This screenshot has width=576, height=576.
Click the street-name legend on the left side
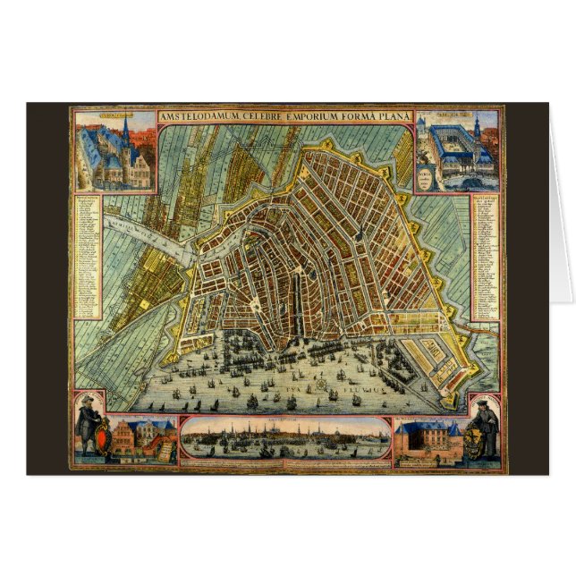click(x=89, y=250)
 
